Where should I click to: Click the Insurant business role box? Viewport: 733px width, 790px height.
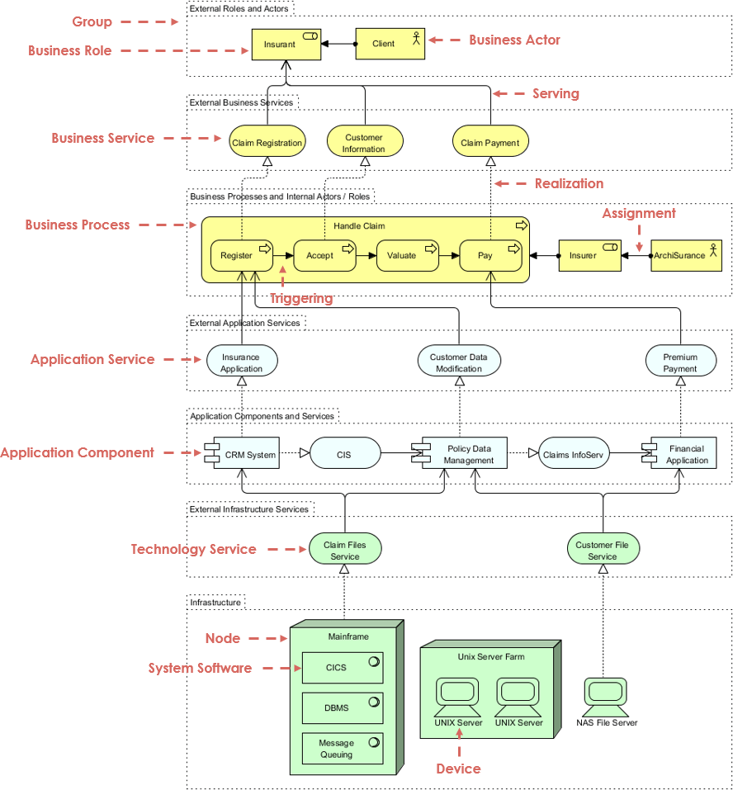point(286,45)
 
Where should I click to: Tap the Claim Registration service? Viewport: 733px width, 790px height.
point(267,142)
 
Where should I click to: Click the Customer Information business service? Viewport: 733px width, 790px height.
point(364,142)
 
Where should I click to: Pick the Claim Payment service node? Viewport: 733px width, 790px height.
point(490,142)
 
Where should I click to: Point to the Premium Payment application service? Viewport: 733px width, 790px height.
point(680,362)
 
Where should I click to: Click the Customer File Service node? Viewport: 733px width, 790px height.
point(603,550)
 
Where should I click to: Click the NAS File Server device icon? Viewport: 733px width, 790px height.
point(607,698)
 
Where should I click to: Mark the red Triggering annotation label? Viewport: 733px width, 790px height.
point(301,298)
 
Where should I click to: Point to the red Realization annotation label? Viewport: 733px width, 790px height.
point(569,183)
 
